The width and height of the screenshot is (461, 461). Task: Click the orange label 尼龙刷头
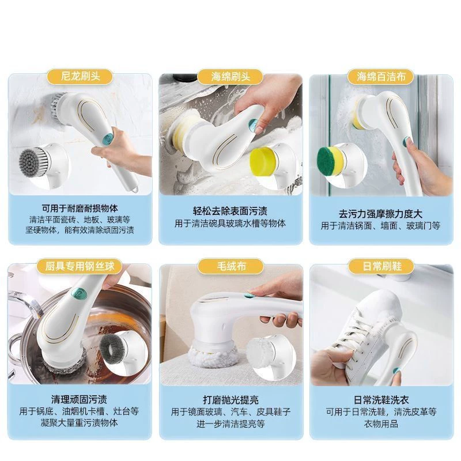click(x=80, y=77)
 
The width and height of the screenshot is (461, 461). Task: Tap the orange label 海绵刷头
click(x=231, y=77)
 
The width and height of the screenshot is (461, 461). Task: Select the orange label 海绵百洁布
click(x=381, y=77)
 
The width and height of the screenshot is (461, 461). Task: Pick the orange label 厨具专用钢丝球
click(x=80, y=266)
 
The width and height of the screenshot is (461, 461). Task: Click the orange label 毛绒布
click(x=231, y=266)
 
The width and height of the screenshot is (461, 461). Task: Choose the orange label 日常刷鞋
click(x=381, y=266)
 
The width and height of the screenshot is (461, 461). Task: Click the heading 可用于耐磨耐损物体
click(x=80, y=209)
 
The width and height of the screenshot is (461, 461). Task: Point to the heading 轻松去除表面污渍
click(x=230, y=210)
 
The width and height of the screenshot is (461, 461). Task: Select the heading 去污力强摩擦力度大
click(x=380, y=213)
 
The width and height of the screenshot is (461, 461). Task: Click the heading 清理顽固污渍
click(x=79, y=399)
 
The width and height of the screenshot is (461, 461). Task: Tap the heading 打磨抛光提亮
click(x=231, y=399)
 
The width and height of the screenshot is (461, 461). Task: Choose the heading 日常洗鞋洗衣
click(x=381, y=399)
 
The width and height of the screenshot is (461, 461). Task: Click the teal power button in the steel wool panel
click(x=80, y=293)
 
